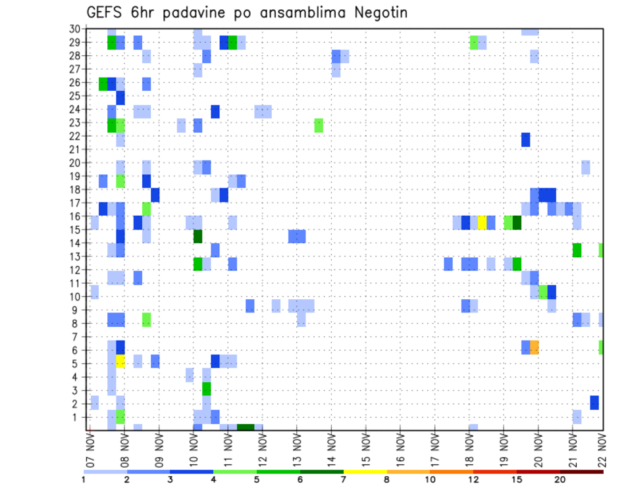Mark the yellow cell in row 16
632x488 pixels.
click(x=482, y=222)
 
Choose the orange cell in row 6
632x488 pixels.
click(x=534, y=347)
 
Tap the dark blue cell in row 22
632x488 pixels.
click(x=525, y=139)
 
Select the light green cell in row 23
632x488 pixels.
click(x=319, y=126)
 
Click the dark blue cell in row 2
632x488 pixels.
click(x=594, y=403)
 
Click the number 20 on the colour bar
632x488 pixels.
click(x=560, y=479)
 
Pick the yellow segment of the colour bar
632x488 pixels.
click(x=365, y=472)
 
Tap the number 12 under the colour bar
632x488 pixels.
click(x=473, y=479)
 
